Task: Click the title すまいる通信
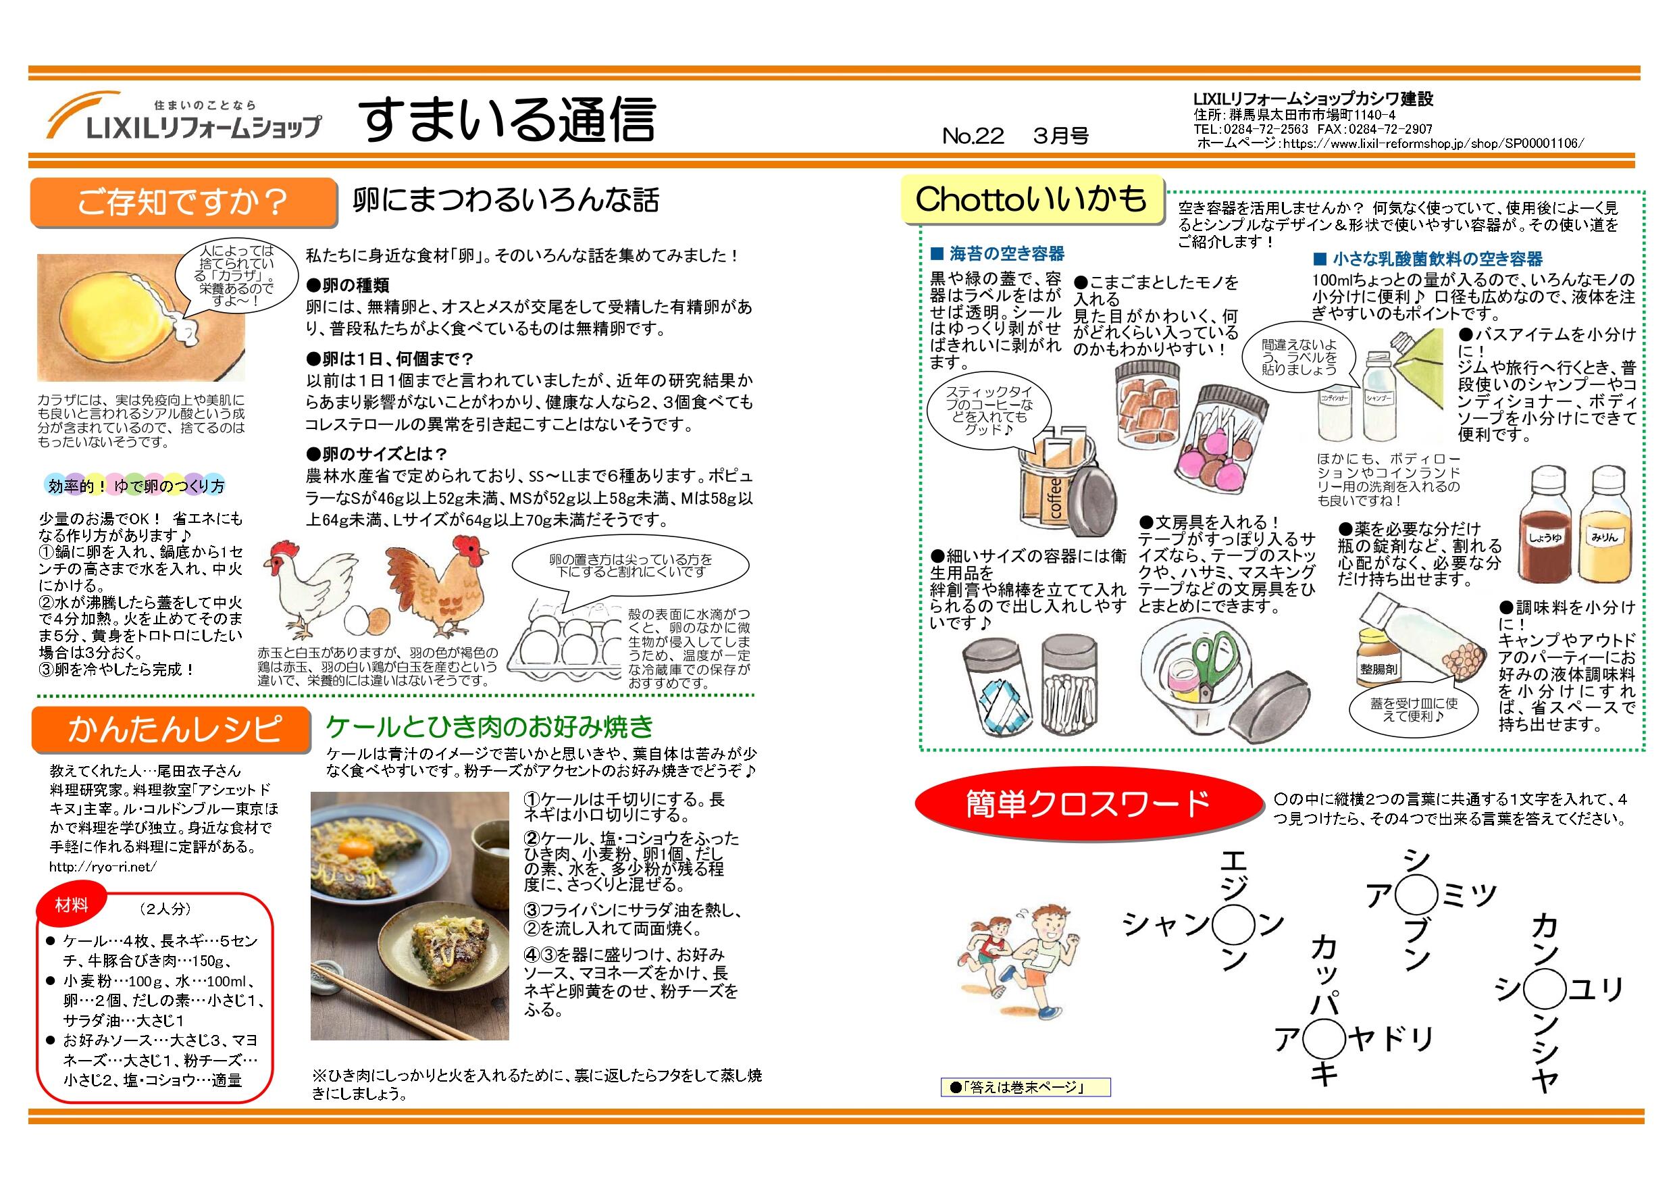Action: click(x=509, y=120)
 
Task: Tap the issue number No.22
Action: click(x=973, y=136)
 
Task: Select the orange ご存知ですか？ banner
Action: click(x=183, y=202)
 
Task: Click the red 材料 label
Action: click(x=72, y=905)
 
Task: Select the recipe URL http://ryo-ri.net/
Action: click(x=103, y=867)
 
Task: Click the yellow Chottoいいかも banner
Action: click(x=1031, y=199)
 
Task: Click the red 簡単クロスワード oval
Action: click(x=1087, y=803)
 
